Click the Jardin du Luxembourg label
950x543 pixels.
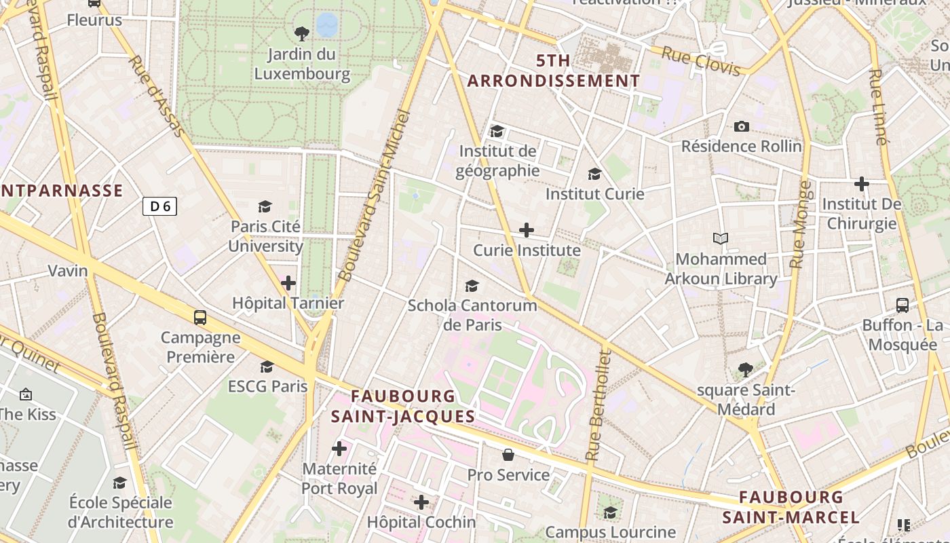click(302, 64)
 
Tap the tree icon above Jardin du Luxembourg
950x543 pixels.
click(302, 33)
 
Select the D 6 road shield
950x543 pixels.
click(160, 206)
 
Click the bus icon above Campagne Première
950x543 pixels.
click(200, 317)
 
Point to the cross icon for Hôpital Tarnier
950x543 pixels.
click(288, 282)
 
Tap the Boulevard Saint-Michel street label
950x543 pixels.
click(375, 197)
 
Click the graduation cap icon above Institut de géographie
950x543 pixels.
click(497, 131)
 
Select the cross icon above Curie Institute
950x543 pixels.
click(527, 230)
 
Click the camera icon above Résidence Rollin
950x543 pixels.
click(742, 126)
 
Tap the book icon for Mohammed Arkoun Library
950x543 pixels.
click(721, 239)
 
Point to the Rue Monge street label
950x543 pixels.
click(801, 224)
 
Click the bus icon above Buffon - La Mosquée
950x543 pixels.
click(902, 305)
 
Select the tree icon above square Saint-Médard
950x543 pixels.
click(746, 370)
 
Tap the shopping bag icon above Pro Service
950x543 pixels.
click(508, 455)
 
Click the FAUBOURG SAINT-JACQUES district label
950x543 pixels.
click(403, 406)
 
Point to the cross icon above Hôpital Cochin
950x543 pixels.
click(421, 502)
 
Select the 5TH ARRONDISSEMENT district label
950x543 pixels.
click(553, 71)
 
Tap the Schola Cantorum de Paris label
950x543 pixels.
click(472, 315)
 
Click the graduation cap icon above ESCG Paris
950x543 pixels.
click(267, 367)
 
